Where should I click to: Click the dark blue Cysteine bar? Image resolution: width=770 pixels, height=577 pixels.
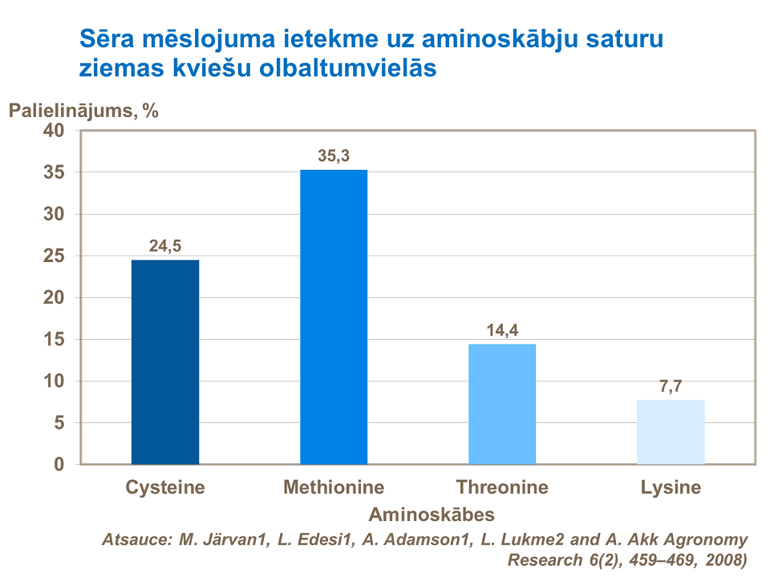pos(165,362)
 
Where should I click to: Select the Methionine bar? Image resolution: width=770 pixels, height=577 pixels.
pos(334,317)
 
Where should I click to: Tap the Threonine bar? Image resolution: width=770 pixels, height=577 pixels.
pos(502,404)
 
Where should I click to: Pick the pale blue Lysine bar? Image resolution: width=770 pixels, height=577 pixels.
pos(671,432)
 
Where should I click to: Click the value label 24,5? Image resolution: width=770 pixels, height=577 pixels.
pos(165,247)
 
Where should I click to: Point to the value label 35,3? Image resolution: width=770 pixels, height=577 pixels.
pos(334,156)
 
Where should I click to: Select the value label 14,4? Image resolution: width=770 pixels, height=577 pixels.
pos(502,330)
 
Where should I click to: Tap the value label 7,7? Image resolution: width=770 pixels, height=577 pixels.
pos(671,386)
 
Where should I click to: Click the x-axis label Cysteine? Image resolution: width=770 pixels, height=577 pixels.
pos(165,487)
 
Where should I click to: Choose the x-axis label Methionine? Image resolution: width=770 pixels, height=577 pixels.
pos(334,487)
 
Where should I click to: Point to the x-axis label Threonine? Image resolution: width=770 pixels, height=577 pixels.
pos(502,487)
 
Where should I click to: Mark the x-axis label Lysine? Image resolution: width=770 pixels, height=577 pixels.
pos(671,487)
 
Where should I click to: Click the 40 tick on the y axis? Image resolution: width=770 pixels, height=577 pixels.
pos(63,131)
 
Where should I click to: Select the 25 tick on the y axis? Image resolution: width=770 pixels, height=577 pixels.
pos(63,256)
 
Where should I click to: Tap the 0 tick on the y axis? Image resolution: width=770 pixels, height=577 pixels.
pos(68,465)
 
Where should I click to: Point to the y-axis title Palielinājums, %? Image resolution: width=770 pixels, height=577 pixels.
pos(83,111)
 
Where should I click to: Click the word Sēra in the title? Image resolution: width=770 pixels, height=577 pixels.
pos(103,39)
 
